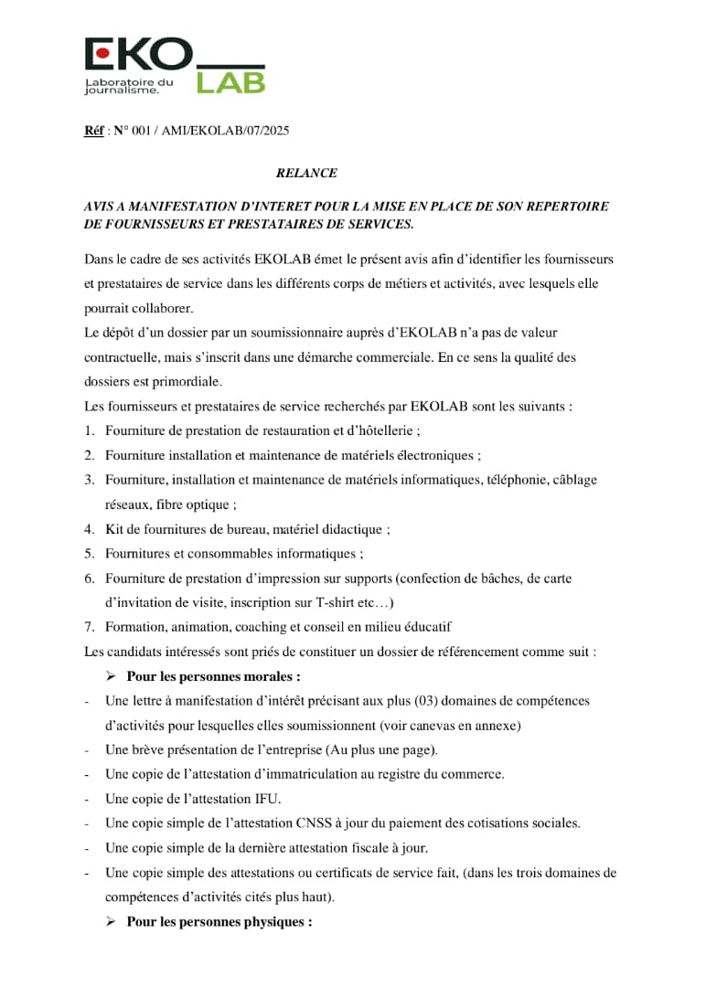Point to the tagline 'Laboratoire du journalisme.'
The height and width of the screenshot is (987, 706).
point(128,87)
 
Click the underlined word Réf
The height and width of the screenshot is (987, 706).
point(92,132)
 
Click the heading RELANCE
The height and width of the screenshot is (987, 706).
point(306,173)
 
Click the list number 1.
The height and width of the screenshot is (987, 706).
point(89,430)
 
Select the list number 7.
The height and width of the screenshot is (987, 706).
point(89,627)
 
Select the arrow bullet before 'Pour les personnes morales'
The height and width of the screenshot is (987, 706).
point(111,676)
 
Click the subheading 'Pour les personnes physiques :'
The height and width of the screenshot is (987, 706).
point(219,922)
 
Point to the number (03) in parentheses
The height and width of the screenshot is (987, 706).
point(432,701)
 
